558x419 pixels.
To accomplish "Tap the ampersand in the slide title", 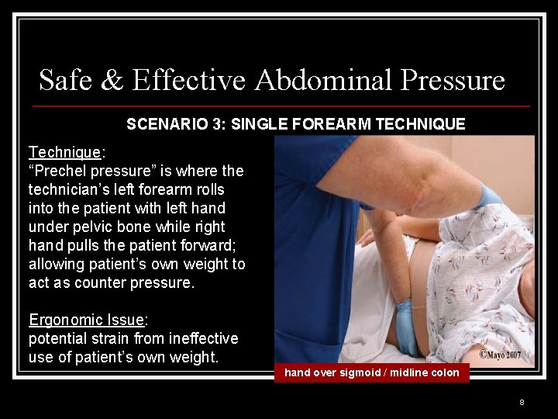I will tap(112, 80).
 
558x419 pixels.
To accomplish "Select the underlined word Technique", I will tap(64, 152).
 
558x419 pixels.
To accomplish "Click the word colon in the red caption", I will tap(444, 373).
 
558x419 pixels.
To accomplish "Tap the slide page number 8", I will tap(522, 402).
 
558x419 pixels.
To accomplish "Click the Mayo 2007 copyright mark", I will tap(501, 355).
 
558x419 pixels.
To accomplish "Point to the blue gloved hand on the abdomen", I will tap(406, 326).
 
